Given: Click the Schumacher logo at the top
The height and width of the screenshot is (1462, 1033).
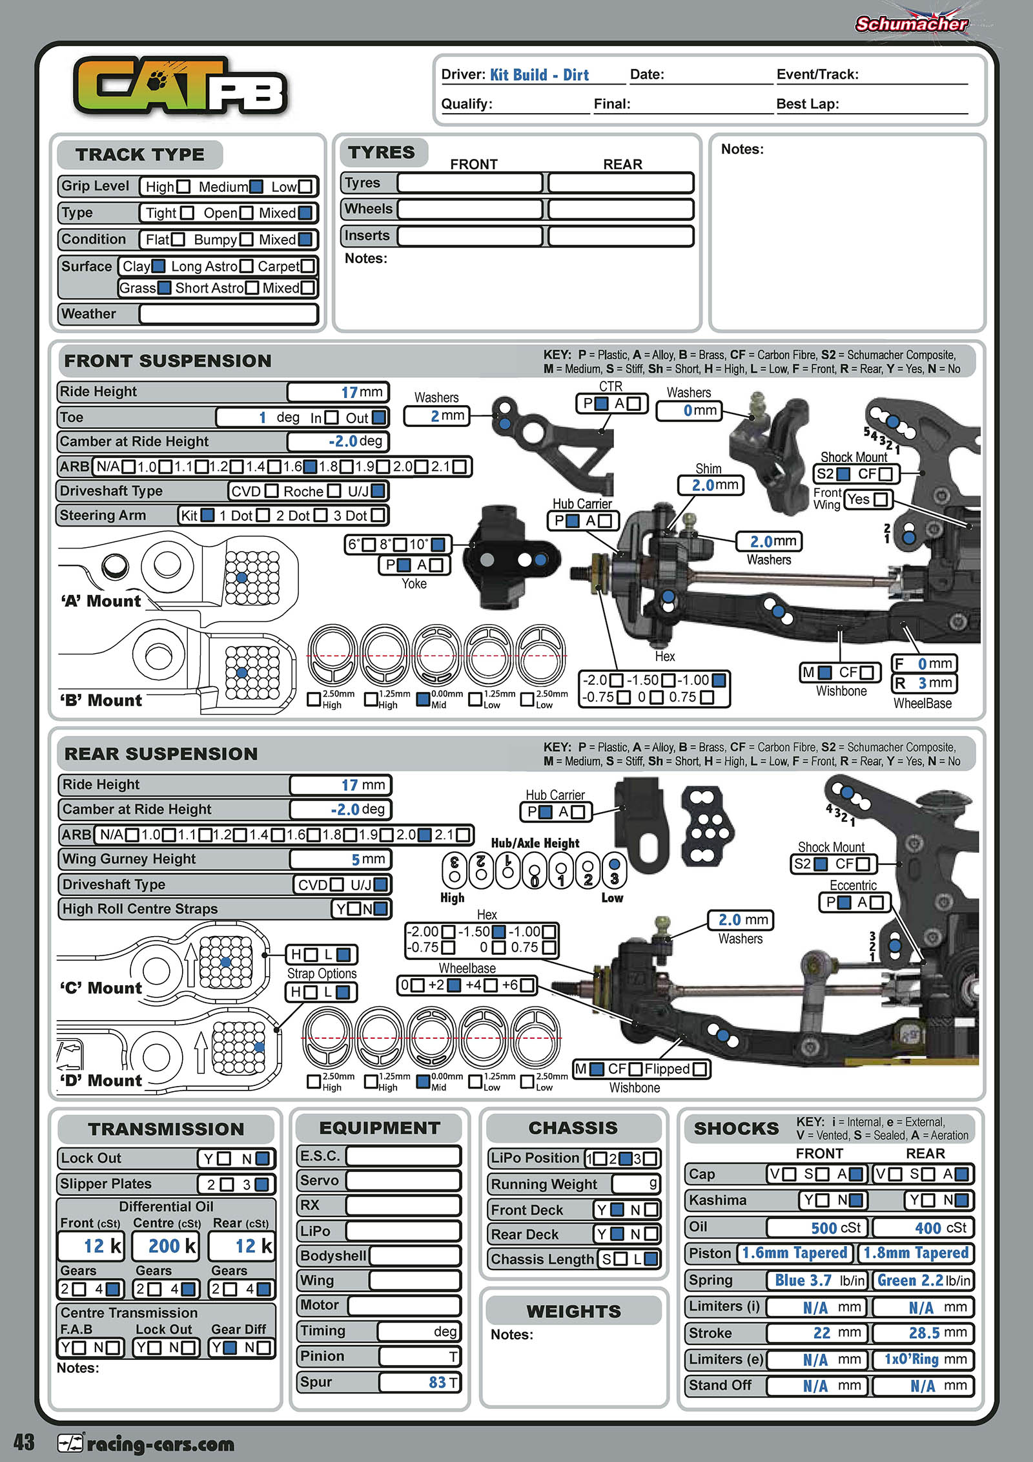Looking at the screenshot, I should [x=911, y=25].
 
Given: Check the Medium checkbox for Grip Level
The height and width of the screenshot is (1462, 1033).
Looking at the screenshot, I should [x=256, y=187].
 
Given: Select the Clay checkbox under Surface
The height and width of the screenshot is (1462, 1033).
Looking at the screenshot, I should [x=158, y=266].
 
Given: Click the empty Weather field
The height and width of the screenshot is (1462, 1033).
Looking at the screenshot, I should [x=229, y=315].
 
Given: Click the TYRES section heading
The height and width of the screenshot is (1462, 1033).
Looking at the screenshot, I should [x=382, y=152].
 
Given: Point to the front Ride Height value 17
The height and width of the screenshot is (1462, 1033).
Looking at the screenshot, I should [x=349, y=392].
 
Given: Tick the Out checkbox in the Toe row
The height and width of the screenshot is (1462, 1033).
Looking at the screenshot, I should [x=379, y=418].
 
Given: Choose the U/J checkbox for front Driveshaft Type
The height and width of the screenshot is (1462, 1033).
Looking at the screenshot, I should [x=378, y=492].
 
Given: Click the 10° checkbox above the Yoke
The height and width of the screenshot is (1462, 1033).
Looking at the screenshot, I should [x=438, y=545].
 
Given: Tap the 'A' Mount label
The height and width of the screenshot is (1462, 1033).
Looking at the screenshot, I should [x=101, y=601].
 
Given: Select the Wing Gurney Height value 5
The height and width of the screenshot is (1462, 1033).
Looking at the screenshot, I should [x=356, y=859].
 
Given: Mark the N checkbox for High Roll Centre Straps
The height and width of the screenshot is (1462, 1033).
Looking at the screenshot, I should [x=381, y=909].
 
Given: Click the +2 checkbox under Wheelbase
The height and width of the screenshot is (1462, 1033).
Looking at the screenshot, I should [x=455, y=985].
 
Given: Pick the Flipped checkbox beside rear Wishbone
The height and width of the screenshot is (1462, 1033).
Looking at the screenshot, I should [x=699, y=1069].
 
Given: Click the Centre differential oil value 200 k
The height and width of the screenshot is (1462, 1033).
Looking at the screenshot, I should [x=164, y=1246].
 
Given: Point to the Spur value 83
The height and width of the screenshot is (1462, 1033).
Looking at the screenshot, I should [x=437, y=1382].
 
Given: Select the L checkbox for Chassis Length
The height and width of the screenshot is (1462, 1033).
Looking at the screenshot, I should [x=651, y=1259].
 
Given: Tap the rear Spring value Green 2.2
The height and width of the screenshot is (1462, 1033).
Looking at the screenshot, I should [x=910, y=1280].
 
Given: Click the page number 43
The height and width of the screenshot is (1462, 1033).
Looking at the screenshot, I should [x=24, y=1442].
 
